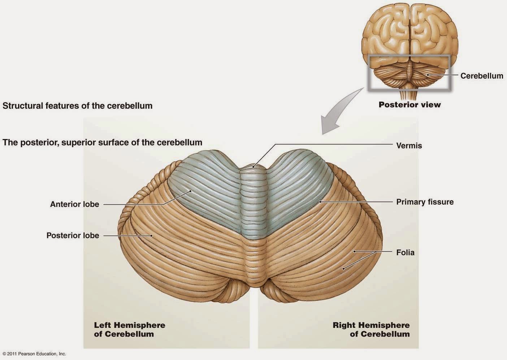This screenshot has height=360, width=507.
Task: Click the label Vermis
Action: [x=409, y=146]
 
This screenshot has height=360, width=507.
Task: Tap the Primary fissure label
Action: [x=425, y=202]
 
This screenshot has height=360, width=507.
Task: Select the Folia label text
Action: [x=405, y=252]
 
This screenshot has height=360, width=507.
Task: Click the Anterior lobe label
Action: [x=74, y=204]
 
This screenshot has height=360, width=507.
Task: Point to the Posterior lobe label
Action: [x=73, y=235]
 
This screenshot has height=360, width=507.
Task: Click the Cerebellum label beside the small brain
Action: [x=481, y=76]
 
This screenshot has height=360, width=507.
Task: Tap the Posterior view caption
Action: [x=409, y=105]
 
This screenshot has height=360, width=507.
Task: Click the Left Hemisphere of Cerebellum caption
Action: [x=129, y=329]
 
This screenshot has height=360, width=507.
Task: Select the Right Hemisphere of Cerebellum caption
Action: [x=371, y=329]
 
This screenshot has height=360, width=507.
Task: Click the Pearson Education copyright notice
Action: [x=34, y=354]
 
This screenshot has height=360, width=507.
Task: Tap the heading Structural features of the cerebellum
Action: [x=77, y=106]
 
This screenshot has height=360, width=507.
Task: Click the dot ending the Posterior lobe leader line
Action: [x=152, y=235]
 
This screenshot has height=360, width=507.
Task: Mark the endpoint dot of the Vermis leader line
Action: [x=253, y=166]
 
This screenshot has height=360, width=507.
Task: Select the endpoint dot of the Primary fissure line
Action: [x=320, y=201]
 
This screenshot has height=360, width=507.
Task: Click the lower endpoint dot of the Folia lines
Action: [x=343, y=268]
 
